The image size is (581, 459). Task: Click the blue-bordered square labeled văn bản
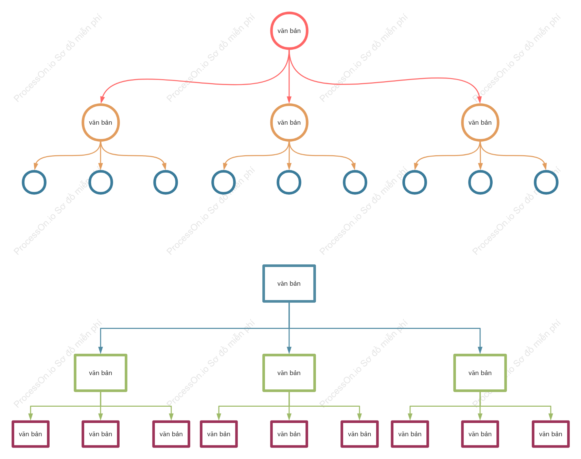[x=289, y=266]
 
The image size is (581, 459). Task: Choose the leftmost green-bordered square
[x=101, y=355]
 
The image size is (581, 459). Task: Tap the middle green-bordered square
[x=289, y=355]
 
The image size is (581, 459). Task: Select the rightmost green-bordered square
[x=480, y=355]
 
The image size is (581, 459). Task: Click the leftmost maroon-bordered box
[x=31, y=422]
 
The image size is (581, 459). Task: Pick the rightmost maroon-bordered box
[x=551, y=422]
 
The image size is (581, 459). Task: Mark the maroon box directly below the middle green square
[x=289, y=422]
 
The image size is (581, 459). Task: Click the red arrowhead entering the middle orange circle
[x=289, y=100]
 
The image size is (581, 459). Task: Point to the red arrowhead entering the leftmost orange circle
[x=102, y=100]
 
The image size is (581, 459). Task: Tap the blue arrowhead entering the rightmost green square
[x=480, y=350]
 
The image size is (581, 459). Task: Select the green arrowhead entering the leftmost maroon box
[x=31, y=417]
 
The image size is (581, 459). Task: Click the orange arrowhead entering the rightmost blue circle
[x=545, y=166]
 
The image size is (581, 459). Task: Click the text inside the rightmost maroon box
[x=551, y=434]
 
